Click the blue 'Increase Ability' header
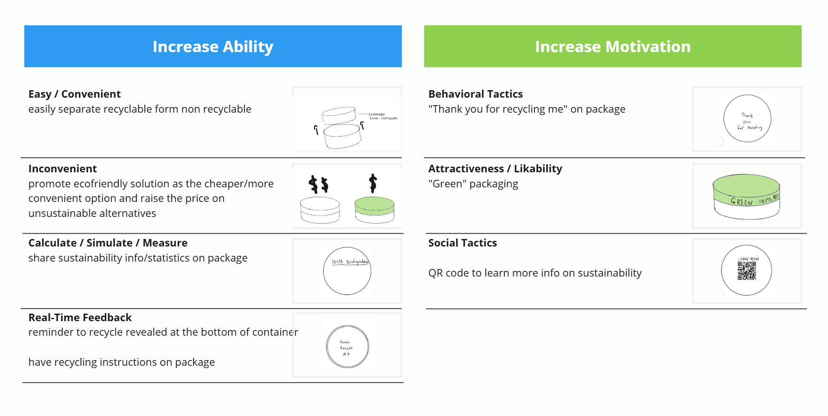coord(213,46)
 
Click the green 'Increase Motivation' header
coord(612,46)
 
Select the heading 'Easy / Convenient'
coord(74,94)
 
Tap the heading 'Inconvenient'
coord(62,169)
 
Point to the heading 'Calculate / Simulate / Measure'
coord(108,243)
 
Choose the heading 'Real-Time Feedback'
coord(80,317)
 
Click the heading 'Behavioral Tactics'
coord(475,94)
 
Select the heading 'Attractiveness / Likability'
coord(495,169)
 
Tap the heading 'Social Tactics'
coord(462,243)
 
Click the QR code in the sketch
coord(746,270)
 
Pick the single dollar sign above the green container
coord(373,183)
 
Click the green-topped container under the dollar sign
coord(375,209)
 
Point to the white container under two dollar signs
coord(320,210)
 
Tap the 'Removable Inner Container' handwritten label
coord(383,116)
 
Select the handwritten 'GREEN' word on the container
coord(742,202)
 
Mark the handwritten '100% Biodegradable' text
coord(350,262)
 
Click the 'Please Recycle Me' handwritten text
coord(346,348)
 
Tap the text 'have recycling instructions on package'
coord(121,362)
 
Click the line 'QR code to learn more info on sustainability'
coord(535,273)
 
